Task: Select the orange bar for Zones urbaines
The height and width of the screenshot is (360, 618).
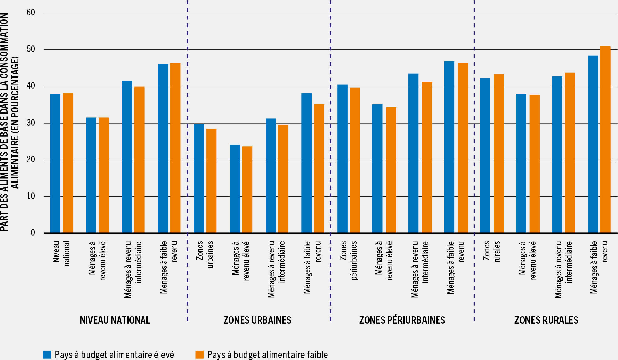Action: [x=211, y=181]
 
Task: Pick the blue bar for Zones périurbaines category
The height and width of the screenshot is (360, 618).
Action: [x=342, y=159]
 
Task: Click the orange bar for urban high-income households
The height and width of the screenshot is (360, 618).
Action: [x=247, y=190]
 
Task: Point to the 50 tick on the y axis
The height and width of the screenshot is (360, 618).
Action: [x=31, y=49]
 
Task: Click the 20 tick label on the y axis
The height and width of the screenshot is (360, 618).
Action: [x=31, y=160]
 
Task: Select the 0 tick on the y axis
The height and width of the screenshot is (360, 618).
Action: [x=33, y=233]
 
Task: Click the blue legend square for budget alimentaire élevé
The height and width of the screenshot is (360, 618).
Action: [x=47, y=354]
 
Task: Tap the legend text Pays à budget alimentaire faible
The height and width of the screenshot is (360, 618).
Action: [x=267, y=354]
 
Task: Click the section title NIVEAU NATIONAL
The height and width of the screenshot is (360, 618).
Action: [x=115, y=320]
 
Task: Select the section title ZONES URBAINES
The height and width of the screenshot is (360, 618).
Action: [x=257, y=320]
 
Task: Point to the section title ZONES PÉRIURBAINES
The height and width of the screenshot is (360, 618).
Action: [x=402, y=320]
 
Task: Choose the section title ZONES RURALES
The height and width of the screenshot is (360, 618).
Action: [x=546, y=320]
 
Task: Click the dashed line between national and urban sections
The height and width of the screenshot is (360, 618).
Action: [x=187, y=156]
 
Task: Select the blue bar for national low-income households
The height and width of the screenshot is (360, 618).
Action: [x=163, y=148]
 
